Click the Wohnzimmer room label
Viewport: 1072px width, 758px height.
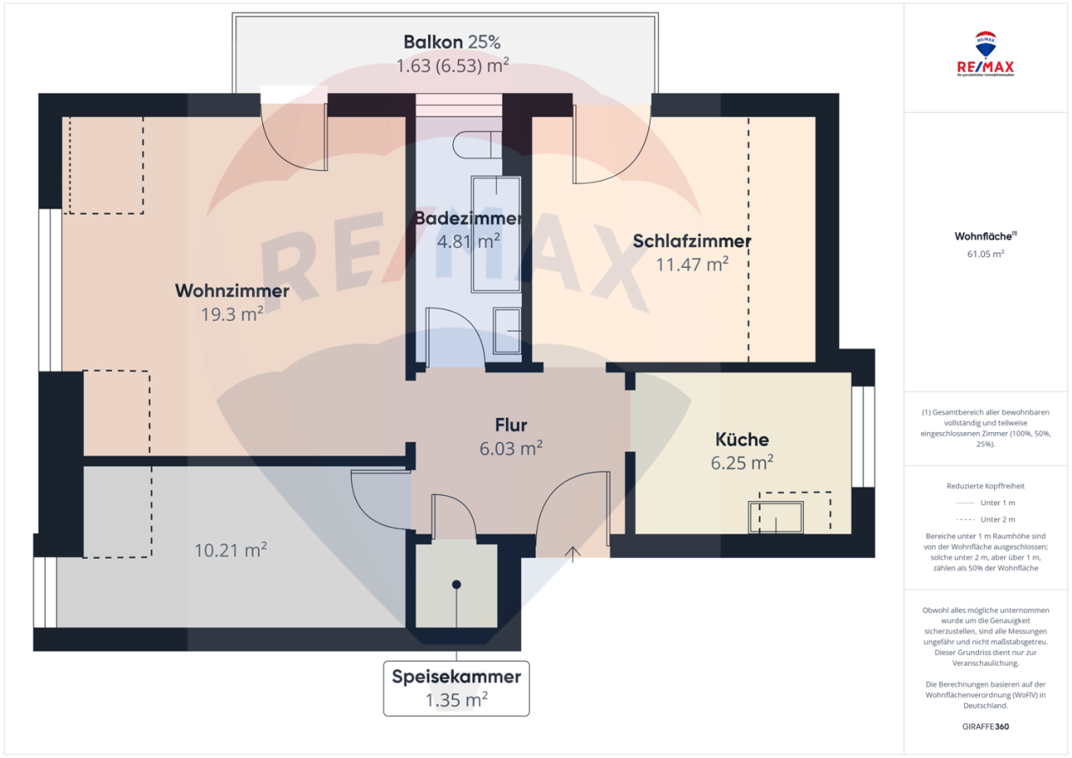tap(232, 291)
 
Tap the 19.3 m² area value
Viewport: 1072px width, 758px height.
tap(232, 313)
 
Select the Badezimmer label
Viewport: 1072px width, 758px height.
tap(468, 219)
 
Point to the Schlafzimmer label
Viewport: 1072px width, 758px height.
tap(692, 241)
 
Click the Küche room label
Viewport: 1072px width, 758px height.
tap(742, 439)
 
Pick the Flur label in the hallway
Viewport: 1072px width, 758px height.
tap(510, 425)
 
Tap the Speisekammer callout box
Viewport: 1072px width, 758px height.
tap(456, 688)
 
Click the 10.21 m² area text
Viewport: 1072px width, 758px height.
tap(230, 550)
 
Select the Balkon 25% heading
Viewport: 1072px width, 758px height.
tap(452, 42)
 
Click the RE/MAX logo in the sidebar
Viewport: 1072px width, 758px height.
tap(986, 54)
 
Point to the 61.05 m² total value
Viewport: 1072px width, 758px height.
tap(986, 253)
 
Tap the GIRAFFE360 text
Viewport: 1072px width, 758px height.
tap(987, 726)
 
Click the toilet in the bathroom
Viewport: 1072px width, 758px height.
tap(477, 147)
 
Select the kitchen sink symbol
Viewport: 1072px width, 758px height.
tap(776, 517)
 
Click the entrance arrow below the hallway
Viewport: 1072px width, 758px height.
tap(574, 553)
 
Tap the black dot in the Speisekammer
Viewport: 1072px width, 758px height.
tap(456, 584)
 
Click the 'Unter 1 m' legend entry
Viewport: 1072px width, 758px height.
tap(986, 503)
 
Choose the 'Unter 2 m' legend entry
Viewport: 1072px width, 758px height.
tap(986, 519)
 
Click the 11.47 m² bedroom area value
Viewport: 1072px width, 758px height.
tap(692, 264)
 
